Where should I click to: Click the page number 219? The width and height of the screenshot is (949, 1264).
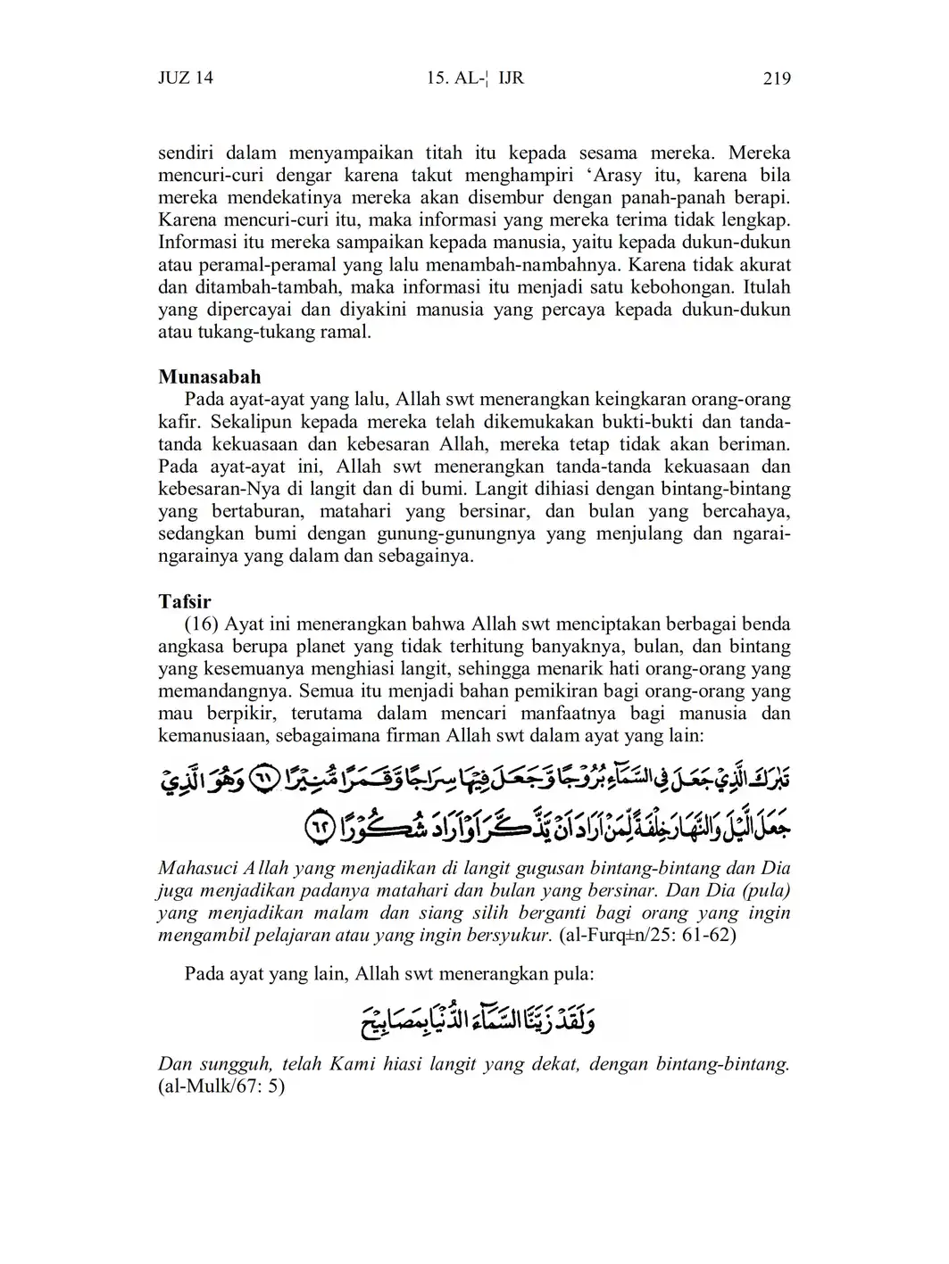tap(777, 78)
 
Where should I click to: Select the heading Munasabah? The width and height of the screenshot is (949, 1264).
tap(210, 376)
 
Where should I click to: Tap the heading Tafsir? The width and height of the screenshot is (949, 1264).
tap(185, 601)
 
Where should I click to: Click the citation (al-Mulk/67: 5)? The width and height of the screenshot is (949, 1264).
tap(221, 1086)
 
